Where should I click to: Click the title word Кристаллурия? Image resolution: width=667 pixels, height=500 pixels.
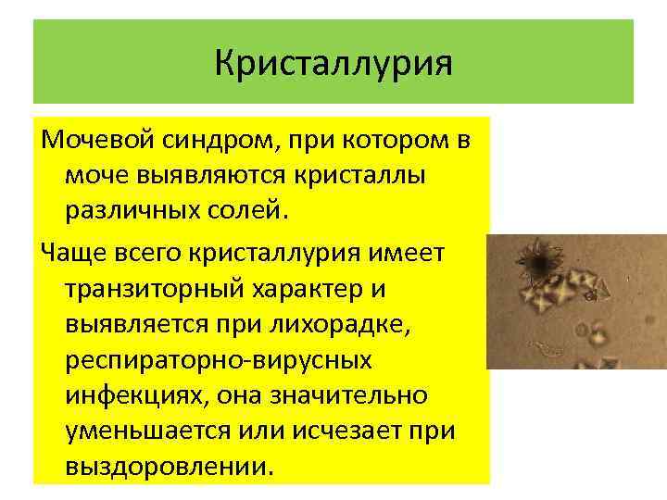(333, 65)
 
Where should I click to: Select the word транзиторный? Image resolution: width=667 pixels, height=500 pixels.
(163, 287)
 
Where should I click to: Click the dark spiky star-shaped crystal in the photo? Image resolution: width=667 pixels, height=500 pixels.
(536, 265)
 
